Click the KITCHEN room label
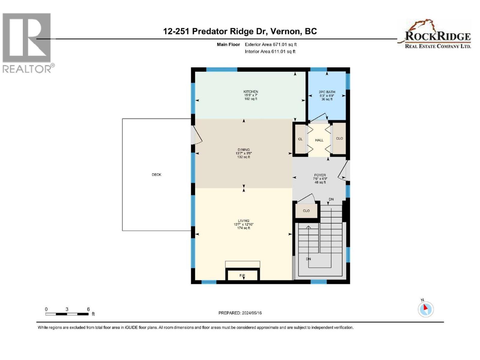point(250,92)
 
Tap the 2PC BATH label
point(327,92)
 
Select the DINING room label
point(244,150)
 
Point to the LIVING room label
point(244,221)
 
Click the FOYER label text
point(320,175)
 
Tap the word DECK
point(156,175)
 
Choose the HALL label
point(319,140)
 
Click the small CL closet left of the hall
point(300,139)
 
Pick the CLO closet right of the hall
point(339,139)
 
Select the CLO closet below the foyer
point(306,211)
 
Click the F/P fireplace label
point(242,275)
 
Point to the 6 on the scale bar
point(88,309)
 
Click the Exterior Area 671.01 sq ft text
point(271,44)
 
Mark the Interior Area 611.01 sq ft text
point(270,52)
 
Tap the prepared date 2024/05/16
point(252,313)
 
